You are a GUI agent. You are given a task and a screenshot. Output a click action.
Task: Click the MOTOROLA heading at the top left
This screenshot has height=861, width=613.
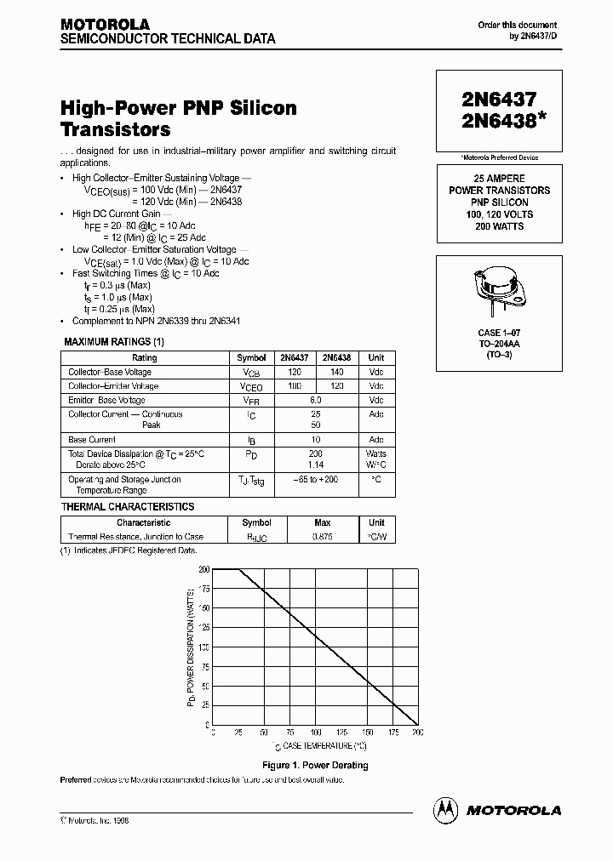tap(105, 25)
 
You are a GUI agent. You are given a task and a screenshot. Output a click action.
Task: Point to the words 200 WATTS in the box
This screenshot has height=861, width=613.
tap(499, 226)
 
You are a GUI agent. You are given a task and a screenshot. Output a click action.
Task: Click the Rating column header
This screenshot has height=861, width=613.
tap(144, 358)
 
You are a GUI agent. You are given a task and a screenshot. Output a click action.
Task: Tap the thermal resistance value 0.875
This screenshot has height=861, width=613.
tap(323, 537)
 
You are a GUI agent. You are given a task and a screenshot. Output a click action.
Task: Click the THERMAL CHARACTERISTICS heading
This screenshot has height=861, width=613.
tap(128, 507)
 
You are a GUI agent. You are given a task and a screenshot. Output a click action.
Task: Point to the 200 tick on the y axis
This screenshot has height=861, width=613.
tap(203, 569)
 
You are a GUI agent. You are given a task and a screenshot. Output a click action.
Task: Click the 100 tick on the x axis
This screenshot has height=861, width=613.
tap(315, 733)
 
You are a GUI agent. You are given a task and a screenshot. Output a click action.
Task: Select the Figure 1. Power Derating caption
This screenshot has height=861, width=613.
tap(316, 765)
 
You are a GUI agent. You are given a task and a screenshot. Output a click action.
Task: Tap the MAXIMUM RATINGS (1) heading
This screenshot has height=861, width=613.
tap(114, 342)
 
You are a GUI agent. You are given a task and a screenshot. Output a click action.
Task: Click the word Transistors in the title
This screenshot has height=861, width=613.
tap(115, 130)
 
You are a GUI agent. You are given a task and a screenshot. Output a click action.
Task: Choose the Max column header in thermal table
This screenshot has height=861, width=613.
tap(323, 522)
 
